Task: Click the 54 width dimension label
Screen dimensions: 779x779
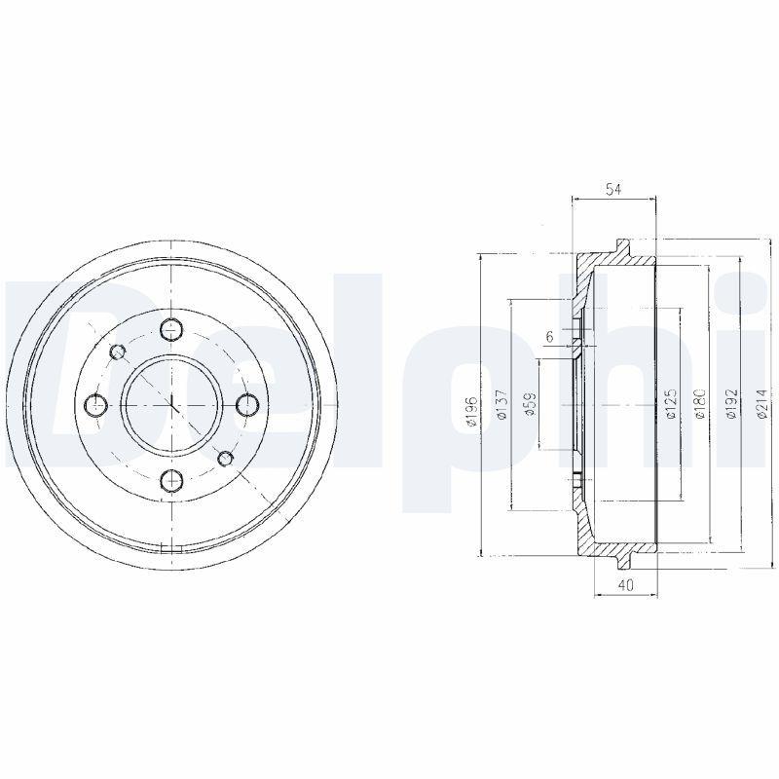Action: point(614,189)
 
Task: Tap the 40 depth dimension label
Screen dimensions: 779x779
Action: point(626,585)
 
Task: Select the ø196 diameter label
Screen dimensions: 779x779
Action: point(472,412)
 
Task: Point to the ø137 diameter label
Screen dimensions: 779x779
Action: point(502,405)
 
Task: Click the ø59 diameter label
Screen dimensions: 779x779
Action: point(531,404)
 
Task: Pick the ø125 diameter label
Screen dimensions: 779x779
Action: point(671,404)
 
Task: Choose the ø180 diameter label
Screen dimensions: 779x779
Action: point(701,404)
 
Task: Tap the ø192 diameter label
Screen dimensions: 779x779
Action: point(731,404)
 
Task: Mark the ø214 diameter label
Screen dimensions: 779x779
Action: point(760,403)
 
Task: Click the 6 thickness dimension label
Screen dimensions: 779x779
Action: point(549,336)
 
